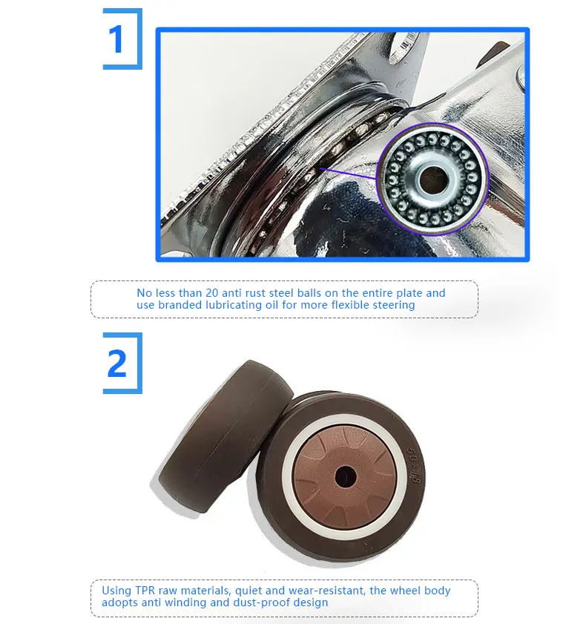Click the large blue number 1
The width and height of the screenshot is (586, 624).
116,39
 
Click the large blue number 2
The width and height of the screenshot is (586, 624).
116,363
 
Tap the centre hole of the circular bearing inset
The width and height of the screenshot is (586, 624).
432,180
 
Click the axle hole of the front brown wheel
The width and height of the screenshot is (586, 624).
345,477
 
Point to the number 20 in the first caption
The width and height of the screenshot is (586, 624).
211,293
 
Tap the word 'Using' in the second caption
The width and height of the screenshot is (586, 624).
116,591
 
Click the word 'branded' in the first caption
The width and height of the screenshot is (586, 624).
180,305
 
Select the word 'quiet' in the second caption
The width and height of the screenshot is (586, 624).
248,591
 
